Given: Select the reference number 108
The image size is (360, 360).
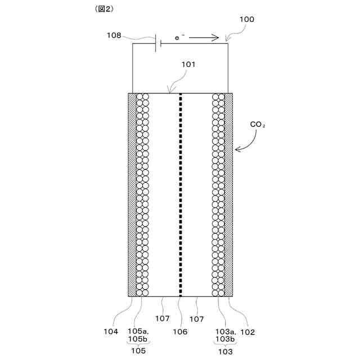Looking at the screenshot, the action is [114, 35].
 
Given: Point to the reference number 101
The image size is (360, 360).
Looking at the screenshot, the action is [188, 64].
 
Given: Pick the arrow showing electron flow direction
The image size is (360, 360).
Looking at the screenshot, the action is [203, 39].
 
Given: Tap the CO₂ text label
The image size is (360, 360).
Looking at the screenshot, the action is [258, 125].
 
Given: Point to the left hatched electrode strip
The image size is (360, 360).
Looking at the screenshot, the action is [132, 194].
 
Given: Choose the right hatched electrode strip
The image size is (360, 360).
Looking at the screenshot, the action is [229, 194].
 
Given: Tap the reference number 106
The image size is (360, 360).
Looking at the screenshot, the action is [180, 331].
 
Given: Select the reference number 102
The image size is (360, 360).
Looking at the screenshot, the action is [247, 331].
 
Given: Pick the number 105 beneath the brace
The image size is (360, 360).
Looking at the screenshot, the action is [138, 351].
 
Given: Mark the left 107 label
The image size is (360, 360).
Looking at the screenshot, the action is [162, 318].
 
